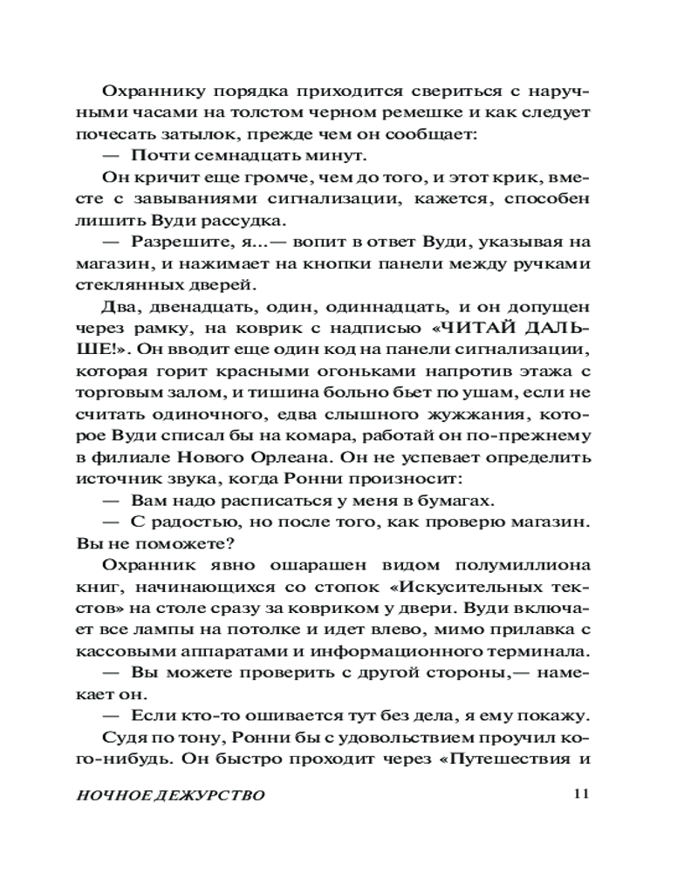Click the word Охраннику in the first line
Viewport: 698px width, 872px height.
click(x=148, y=92)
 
